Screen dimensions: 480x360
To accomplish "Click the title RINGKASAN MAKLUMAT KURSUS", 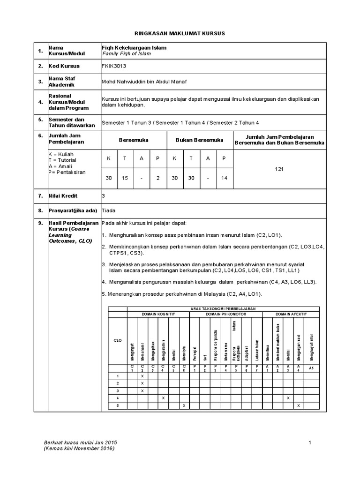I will (x=180, y=34).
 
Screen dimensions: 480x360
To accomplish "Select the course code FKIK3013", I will (x=114, y=66).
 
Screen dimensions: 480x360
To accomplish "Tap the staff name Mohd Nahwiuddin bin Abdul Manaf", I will (x=144, y=82).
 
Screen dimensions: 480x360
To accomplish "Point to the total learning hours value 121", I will (x=279, y=169).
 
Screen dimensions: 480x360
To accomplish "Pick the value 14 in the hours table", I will (x=224, y=179).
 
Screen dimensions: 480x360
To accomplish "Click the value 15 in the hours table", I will (x=125, y=179).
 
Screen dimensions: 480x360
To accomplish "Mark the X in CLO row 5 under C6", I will (x=184, y=405).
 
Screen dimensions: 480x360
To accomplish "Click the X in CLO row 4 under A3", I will (x=287, y=397).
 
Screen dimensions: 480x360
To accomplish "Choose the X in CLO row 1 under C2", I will (x=142, y=376).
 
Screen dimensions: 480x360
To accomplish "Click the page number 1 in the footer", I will (x=310, y=442).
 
